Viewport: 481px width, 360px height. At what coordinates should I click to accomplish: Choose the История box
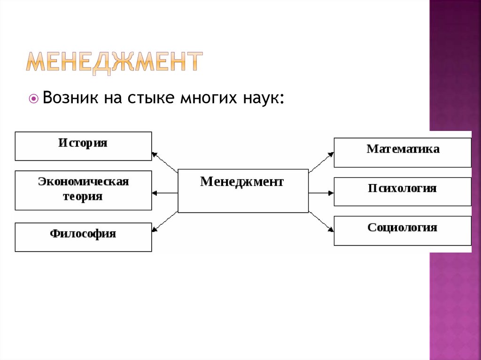pyautogui.click(x=83, y=146)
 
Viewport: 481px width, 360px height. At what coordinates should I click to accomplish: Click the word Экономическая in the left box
pyautogui.click(x=83, y=181)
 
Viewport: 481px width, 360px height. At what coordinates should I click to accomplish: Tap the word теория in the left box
pyautogui.click(x=83, y=196)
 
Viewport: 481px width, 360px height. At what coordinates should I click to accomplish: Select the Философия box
pyautogui.click(x=83, y=237)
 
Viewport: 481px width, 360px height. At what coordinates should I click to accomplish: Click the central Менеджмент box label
pyautogui.click(x=242, y=182)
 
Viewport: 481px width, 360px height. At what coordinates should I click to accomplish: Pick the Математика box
pyautogui.click(x=403, y=152)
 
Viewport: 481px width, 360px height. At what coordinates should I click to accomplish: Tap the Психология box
pyautogui.click(x=403, y=191)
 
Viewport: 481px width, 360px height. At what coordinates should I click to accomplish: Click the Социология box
pyautogui.click(x=403, y=230)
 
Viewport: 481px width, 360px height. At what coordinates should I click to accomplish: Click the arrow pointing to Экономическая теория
pyautogui.click(x=164, y=192)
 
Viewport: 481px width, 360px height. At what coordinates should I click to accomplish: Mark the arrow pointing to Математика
pyautogui.click(x=321, y=161)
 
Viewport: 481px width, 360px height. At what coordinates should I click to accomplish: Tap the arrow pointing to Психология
pyautogui.click(x=321, y=192)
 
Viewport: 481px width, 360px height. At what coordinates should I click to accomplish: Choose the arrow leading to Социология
pyautogui.click(x=321, y=221)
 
